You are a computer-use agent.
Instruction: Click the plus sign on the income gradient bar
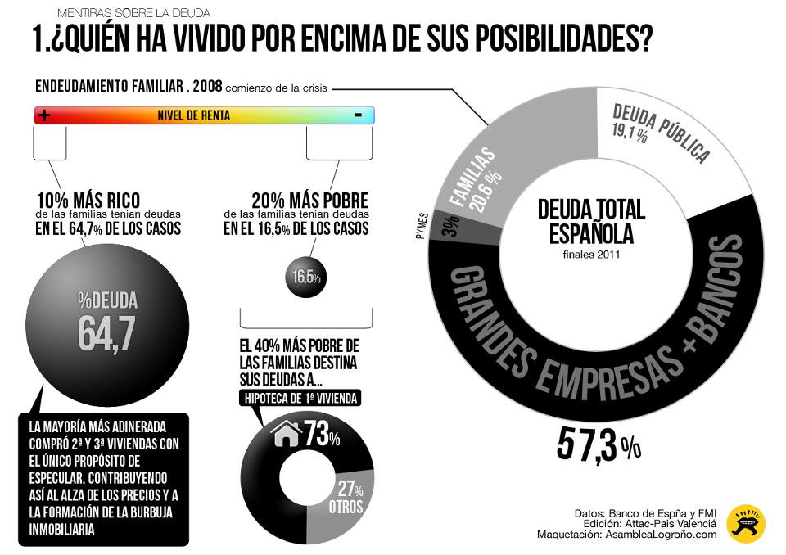tap(44, 115)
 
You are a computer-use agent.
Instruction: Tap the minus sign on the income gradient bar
tap(358, 115)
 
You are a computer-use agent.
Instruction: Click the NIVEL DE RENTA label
tap(193, 116)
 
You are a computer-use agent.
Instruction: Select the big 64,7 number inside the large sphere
tap(106, 331)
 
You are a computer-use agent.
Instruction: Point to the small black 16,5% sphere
tap(305, 277)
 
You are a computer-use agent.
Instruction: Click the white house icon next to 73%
tap(287, 434)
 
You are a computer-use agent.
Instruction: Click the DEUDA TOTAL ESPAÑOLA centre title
tap(591, 221)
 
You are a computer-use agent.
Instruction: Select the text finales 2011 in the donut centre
tap(591, 254)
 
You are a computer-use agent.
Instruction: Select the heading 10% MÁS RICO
tap(88, 201)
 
